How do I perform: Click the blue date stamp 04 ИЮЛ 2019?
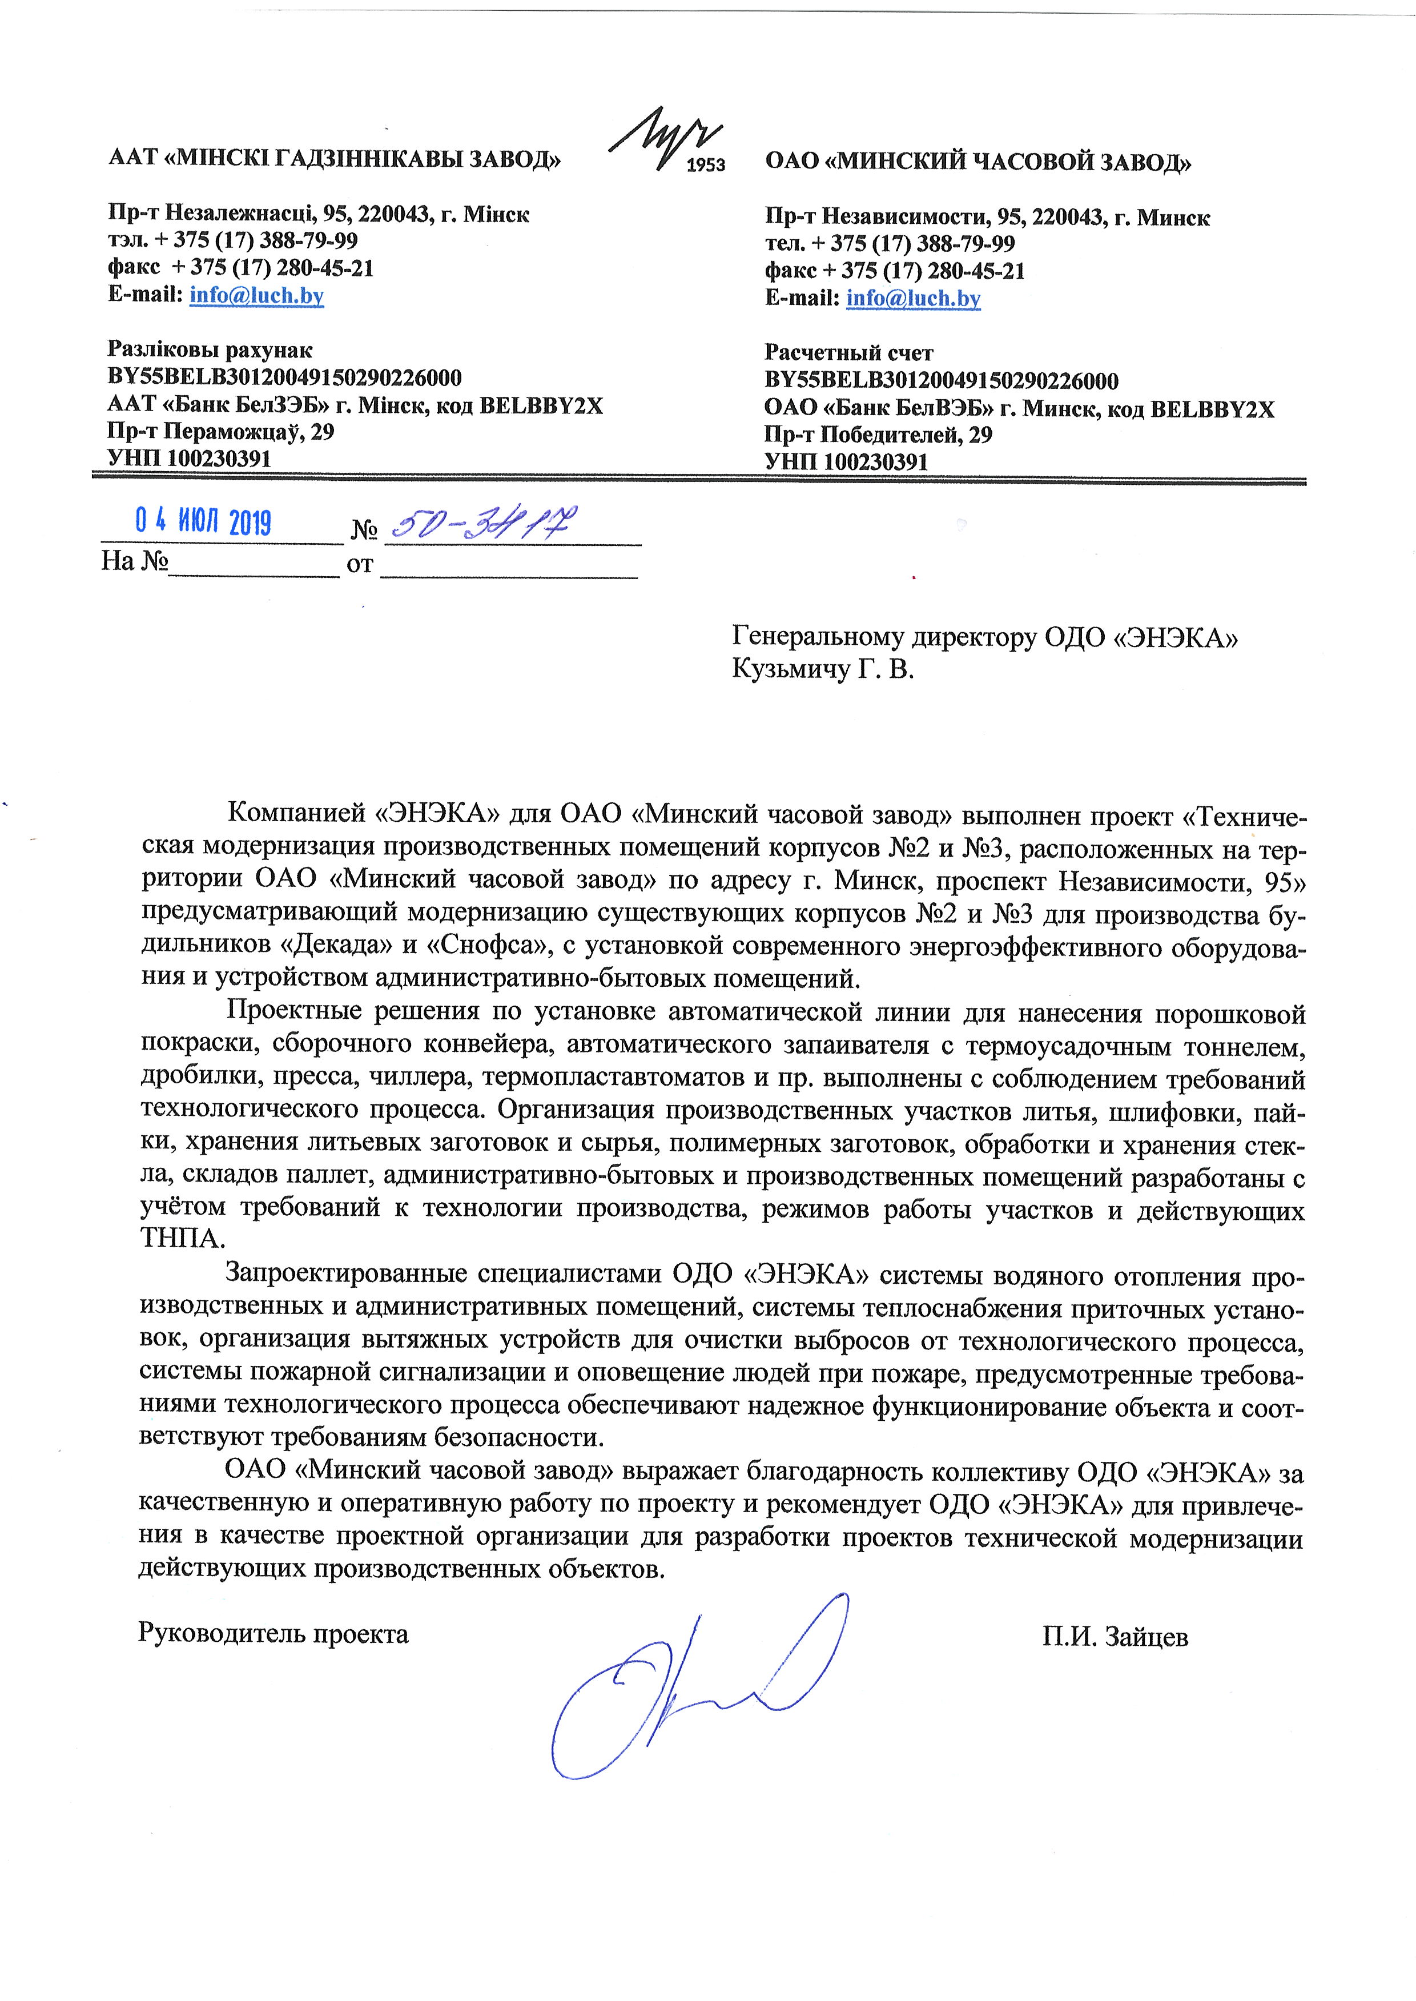[x=203, y=523]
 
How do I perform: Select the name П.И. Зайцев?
[x=1115, y=1636]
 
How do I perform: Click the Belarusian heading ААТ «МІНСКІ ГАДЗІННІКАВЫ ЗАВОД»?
[x=334, y=159]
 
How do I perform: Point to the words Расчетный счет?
[x=848, y=353]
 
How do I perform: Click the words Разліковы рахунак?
[x=210, y=351]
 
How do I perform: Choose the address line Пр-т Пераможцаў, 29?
[x=220, y=432]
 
